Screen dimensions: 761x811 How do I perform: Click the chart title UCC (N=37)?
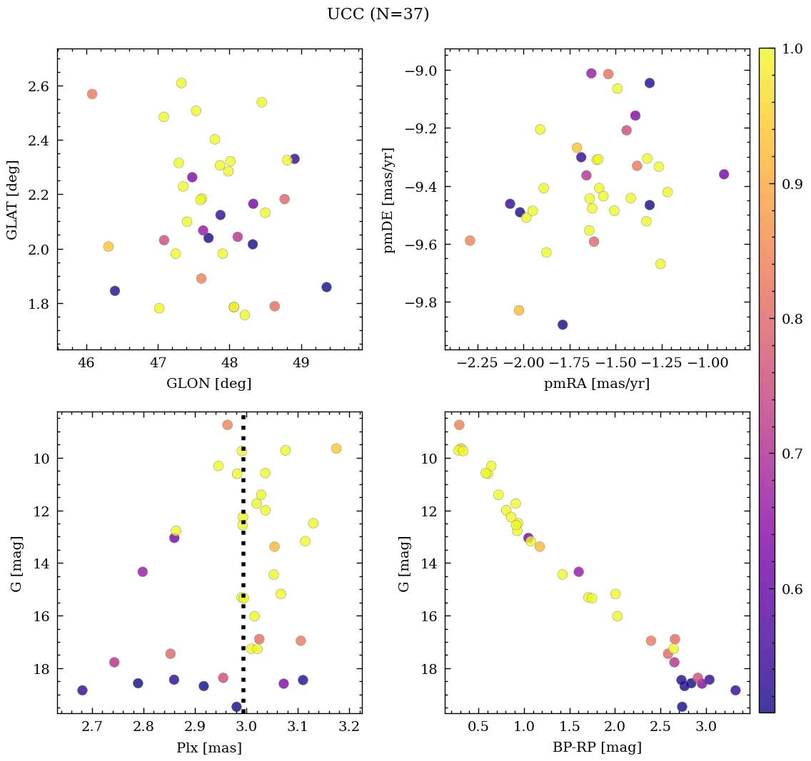378,14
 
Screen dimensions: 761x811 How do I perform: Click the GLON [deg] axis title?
208,384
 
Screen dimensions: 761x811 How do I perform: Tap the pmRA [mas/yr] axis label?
596,384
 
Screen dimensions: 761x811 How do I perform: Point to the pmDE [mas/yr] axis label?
389,199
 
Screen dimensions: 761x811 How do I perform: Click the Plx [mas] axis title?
208,748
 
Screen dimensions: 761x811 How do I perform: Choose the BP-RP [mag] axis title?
596,747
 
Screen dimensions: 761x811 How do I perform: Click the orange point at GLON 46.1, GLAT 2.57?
92,94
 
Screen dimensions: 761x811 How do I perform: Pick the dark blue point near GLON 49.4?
326,287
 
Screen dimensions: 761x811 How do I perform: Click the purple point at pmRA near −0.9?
724,174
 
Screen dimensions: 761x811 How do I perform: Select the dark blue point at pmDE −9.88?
563,325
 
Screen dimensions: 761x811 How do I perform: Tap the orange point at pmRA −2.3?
470,240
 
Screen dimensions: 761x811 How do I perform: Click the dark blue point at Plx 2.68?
82,690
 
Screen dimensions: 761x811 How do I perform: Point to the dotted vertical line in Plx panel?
243,571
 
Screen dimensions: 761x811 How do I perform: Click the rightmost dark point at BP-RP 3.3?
735,690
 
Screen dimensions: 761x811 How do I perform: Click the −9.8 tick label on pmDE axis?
420,302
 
